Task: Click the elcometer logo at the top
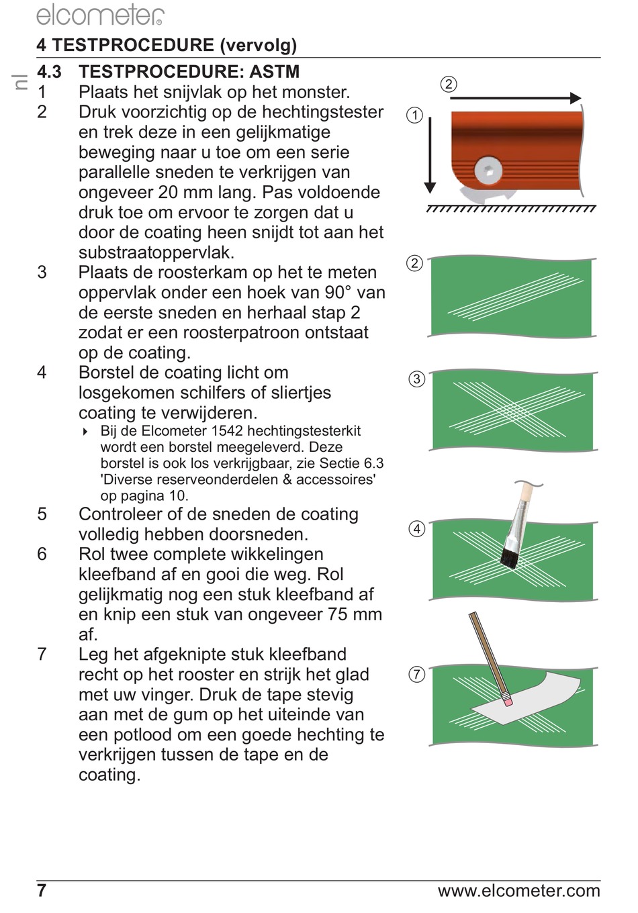(x=100, y=15)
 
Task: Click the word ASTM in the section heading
(x=275, y=72)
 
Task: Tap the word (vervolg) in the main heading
(x=258, y=45)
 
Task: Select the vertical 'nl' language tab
(x=20, y=82)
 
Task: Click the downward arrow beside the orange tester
(x=430, y=155)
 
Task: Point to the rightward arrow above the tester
(x=516, y=98)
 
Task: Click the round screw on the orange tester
(x=489, y=170)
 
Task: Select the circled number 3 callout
(x=416, y=379)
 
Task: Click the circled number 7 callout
(x=416, y=674)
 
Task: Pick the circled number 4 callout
(x=416, y=529)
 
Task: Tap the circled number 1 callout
(x=415, y=115)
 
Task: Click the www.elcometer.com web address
(x=519, y=891)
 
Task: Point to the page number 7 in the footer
(x=42, y=891)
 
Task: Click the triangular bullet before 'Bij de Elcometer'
(x=85, y=432)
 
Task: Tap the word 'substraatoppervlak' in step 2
(x=156, y=252)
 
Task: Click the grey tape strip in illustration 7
(x=527, y=698)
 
